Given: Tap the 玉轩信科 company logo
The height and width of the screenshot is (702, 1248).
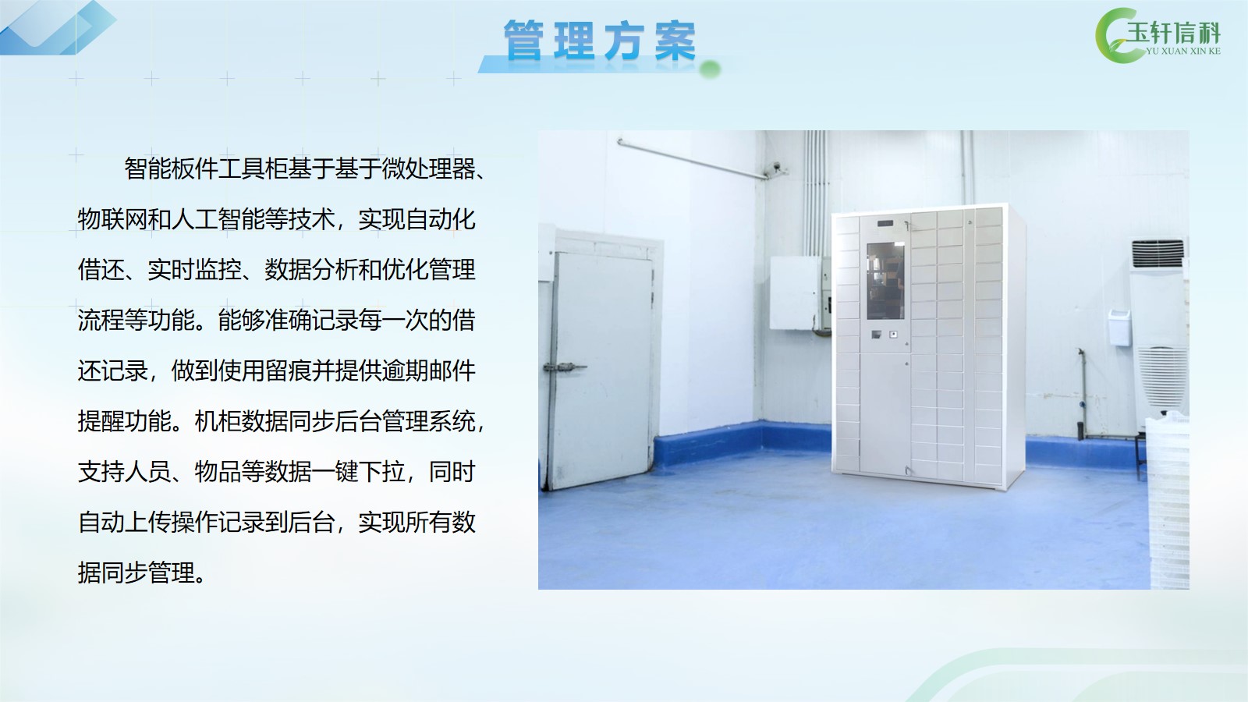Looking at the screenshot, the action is click(x=1158, y=36).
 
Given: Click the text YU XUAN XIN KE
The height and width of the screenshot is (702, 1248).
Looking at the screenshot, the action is click(x=1182, y=51).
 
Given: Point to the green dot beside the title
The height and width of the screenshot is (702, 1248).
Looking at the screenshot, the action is click(x=710, y=69).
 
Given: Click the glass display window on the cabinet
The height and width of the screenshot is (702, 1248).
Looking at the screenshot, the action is click(x=885, y=280).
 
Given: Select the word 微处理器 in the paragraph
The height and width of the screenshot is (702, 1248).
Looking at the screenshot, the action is click(x=428, y=168).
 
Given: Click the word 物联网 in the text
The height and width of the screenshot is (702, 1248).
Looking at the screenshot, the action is click(x=112, y=219).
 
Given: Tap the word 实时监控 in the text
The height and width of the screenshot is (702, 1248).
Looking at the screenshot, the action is click(x=194, y=270).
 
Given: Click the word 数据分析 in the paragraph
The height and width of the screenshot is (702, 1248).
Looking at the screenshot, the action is click(x=311, y=270).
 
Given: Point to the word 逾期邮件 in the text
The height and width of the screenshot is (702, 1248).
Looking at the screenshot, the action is click(x=428, y=371).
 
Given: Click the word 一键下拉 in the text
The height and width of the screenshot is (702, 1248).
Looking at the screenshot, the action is click(x=358, y=472).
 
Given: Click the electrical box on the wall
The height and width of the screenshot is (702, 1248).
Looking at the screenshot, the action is click(x=797, y=293).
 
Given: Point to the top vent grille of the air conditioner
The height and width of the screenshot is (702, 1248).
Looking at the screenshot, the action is click(x=1158, y=253).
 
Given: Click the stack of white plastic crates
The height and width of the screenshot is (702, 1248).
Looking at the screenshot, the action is click(x=1168, y=502).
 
